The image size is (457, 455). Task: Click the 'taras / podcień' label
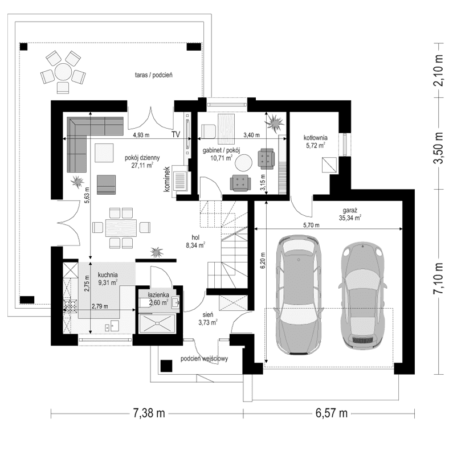(154, 75)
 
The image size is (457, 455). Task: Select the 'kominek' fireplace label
(168, 178)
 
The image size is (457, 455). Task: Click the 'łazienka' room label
(158, 295)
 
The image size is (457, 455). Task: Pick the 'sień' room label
(207, 314)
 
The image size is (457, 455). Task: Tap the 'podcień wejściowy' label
(204, 359)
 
